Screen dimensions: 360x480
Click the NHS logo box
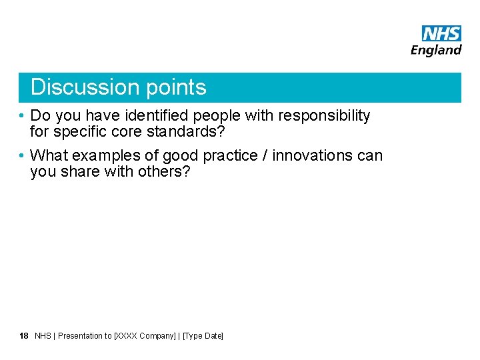point(441,33)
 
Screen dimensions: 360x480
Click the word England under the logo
point(436,50)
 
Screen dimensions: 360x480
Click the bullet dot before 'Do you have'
point(22,116)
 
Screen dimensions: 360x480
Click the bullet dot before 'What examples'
point(22,156)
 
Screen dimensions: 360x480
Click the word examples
point(102,156)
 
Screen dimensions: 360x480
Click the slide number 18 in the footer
point(24,336)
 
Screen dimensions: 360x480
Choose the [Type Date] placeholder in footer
point(203,336)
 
